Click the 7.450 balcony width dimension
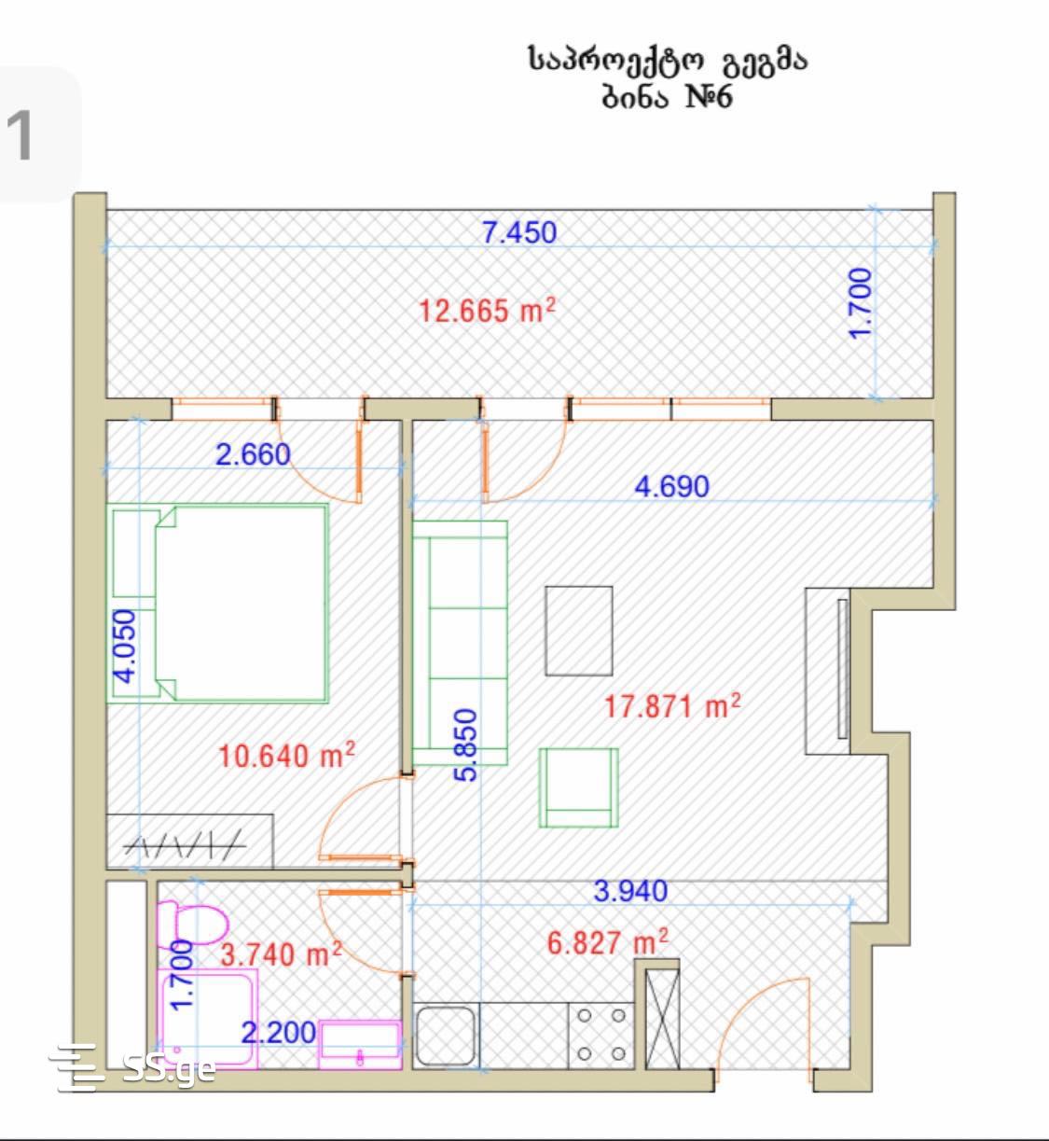[519, 232]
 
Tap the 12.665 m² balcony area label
[487, 311]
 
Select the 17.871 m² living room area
[672, 705]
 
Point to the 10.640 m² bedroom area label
[286, 755]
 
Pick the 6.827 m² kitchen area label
[607, 942]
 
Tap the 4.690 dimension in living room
[671, 487]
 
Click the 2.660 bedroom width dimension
[253, 455]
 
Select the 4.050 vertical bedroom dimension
[125, 647]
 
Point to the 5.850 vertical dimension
[467, 745]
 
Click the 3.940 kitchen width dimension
[630, 891]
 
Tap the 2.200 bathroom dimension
[279, 1033]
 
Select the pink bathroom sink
[360, 1045]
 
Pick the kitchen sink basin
[446, 1037]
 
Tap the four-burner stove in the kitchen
[601, 1036]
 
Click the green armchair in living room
[578, 787]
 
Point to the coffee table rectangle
[579, 631]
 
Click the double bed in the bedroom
[218, 604]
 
